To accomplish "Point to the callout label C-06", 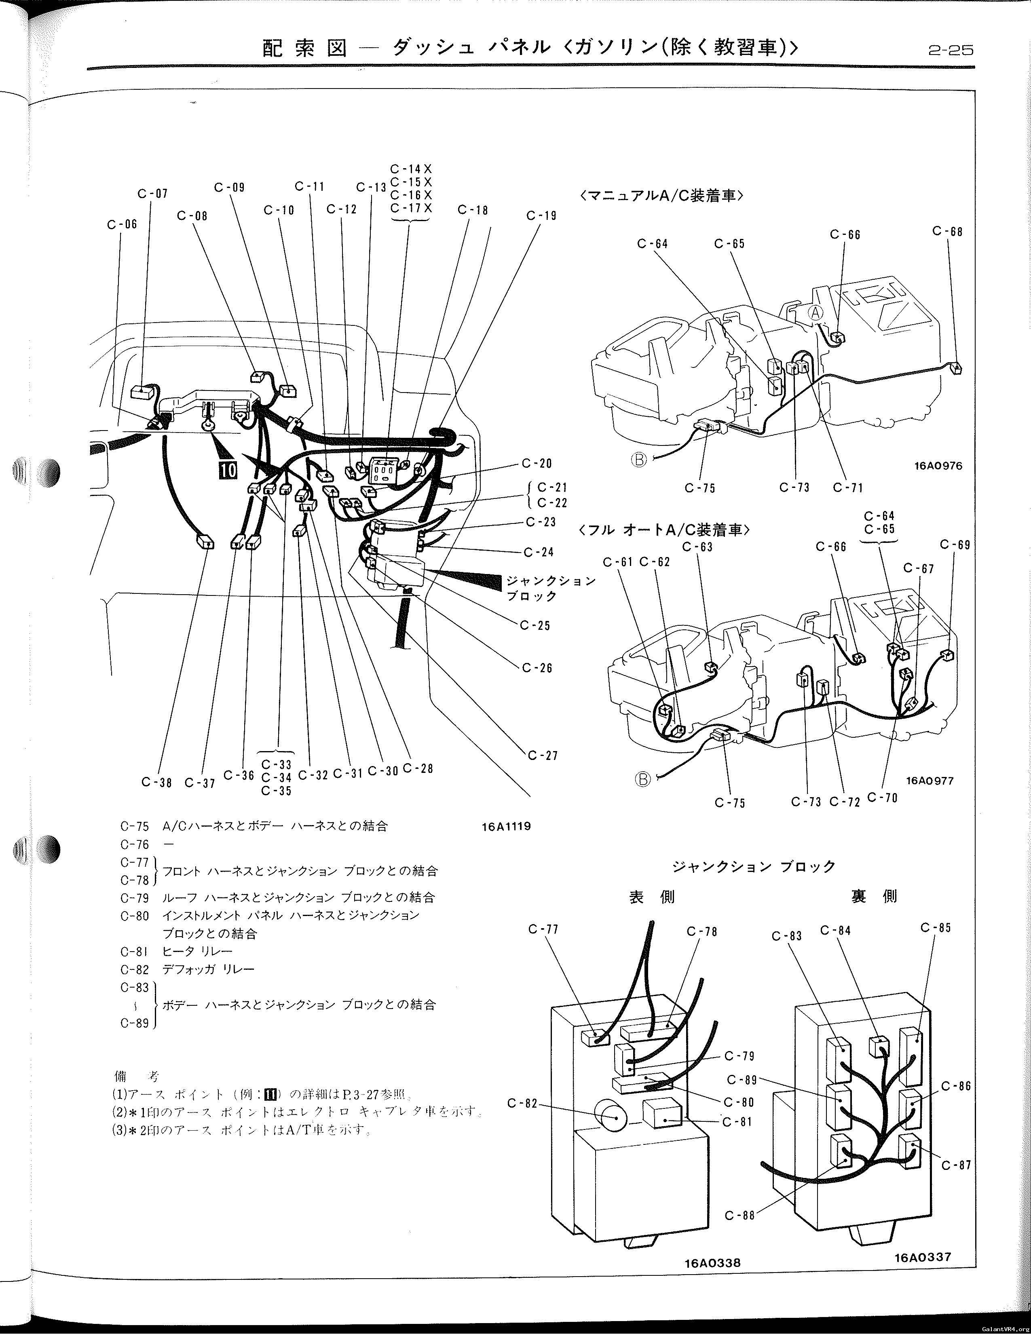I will [122, 224].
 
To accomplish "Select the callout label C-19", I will [541, 215].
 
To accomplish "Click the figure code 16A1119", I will [506, 826].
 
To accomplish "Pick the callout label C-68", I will [947, 232].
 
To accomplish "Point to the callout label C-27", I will [543, 756].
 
